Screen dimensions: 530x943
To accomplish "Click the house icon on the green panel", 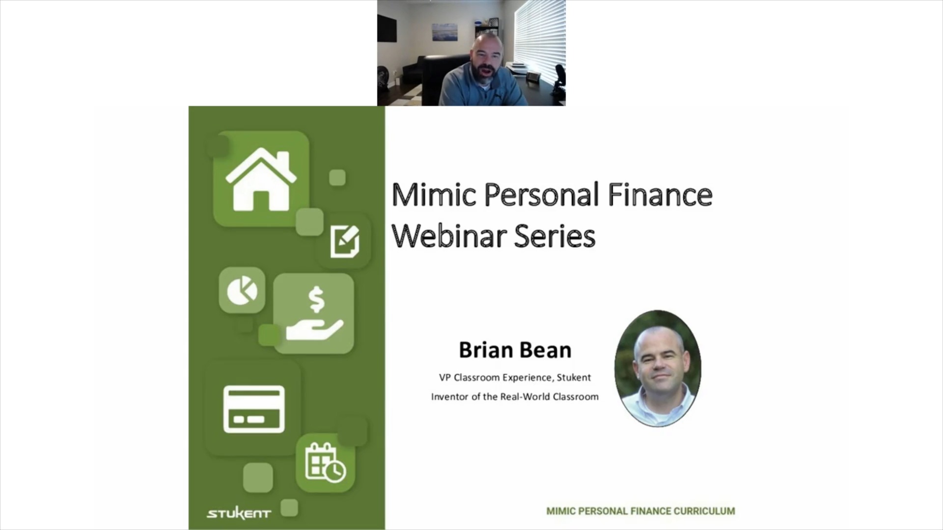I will click(261, 180).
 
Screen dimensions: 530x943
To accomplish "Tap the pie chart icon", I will click(242, 291).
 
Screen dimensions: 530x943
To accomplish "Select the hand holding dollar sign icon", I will click(314, 314).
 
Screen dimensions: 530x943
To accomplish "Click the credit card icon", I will click(254, 409).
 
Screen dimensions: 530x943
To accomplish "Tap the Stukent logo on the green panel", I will click(239, 514).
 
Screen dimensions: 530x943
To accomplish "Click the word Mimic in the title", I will click(434, 194).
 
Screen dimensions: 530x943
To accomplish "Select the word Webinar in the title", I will click(449, 236).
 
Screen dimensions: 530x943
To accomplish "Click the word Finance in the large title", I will click(660, 194).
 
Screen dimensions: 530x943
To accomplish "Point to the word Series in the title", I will click(555, 236).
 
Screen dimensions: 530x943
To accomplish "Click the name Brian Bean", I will click(515, 350).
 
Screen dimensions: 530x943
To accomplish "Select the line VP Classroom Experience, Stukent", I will click(515, 377).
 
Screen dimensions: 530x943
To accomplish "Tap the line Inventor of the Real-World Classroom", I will click(515, 397).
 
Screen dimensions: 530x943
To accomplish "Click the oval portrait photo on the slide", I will click(658, 368).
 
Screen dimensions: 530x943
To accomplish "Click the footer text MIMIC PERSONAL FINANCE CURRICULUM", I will click(640, 511).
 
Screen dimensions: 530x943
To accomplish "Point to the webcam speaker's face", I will click(487, 56).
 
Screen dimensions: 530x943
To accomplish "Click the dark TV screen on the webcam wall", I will click(387, 28).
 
